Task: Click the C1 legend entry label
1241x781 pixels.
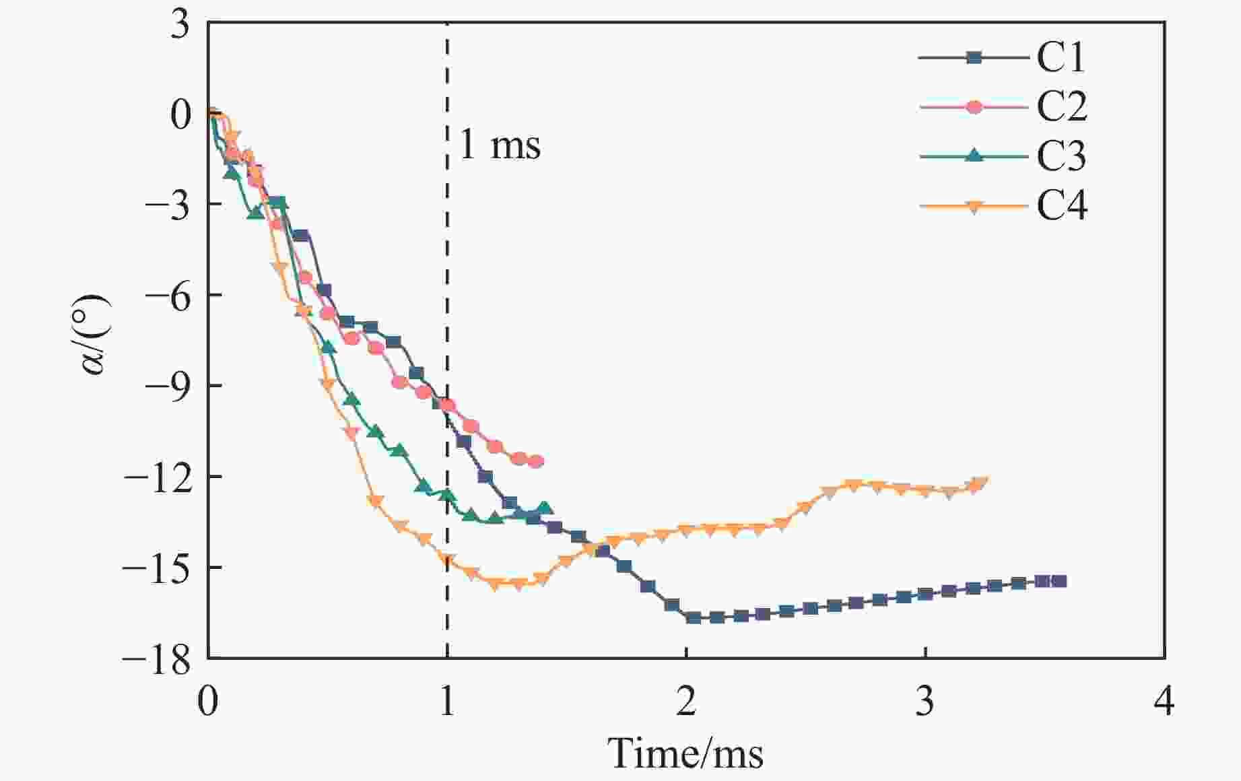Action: pyautogui.click(x=1061, y=57)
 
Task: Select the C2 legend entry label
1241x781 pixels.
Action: pyautogui.click(x=1062, y=106)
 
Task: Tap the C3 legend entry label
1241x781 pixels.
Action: pyautogui.click(x=1061, y=156)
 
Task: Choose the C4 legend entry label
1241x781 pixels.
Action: pyautogui.click(x=1062, y=205)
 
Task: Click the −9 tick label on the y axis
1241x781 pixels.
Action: pyautogui.click(x=166, y=386)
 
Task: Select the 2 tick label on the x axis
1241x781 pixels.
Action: pyautogui.click(x=685, y=702)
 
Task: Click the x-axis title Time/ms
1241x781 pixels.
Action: pyautogui.click(x=685, y=753)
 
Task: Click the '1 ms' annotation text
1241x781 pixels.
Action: pyautogui.click(x=500, y=145)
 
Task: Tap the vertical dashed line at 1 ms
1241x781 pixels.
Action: pyautogui.click(x=446, y=269)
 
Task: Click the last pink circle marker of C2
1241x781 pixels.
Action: pyautogui.click(x=536, y=461)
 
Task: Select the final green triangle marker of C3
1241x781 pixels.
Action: pyautogui.click(x=544, y=508)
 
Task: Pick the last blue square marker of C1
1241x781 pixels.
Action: pyautogui.click(x=1059, y=581)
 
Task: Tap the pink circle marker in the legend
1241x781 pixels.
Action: pyautogui.click(x=974, y=107)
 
